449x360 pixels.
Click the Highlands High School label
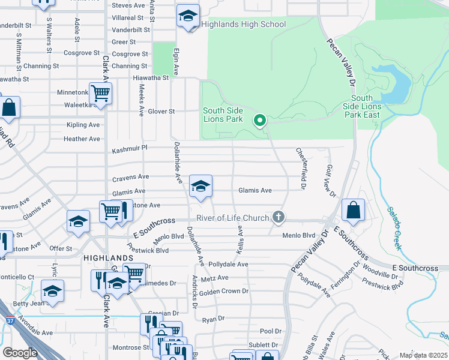244,25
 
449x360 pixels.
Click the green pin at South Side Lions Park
260,121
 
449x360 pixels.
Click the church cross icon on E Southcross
277,217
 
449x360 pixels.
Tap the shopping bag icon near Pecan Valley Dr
354,211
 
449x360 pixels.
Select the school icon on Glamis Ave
200,186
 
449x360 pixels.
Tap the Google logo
20,352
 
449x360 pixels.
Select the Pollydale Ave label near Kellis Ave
228,264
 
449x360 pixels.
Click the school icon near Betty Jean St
53,291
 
